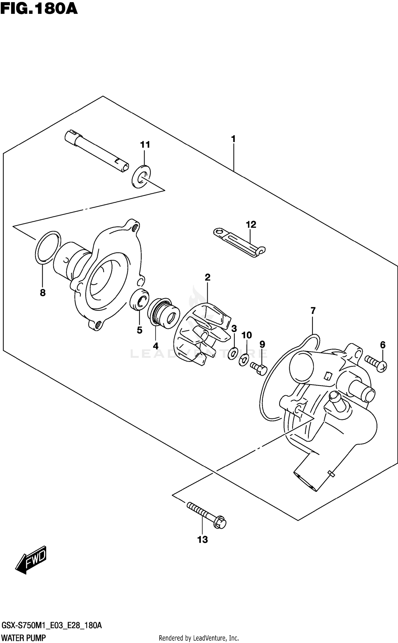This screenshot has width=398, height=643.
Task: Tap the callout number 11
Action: click(145, 145)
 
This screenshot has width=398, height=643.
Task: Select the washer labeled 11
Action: click(141, 176)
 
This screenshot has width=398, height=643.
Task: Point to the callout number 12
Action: click(251, 225)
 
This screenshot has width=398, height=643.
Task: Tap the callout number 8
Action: click(43, 293)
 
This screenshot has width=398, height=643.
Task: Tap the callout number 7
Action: click(313, 310)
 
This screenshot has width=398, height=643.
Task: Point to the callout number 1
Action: click(233, 139)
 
